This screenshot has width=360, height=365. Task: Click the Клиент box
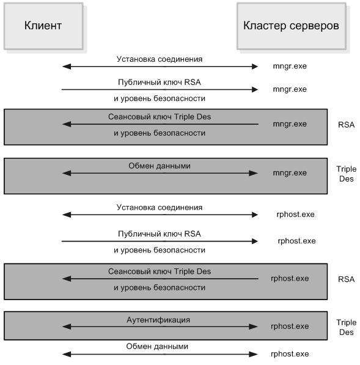click(43, 26)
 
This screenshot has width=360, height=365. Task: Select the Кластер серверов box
click(292, 26)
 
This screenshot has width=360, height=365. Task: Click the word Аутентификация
click(158, 320)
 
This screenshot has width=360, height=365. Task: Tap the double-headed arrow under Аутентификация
click(160, 327)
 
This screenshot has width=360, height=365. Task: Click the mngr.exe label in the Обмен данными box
click(290, 173)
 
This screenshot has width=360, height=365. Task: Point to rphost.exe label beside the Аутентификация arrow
click(290, 326)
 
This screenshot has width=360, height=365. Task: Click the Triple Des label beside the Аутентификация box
click(347, 327)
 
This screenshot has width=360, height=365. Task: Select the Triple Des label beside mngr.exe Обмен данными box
click(347, 174)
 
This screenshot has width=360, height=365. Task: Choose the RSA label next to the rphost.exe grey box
click(347, 279)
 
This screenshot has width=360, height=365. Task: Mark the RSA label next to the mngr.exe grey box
click(347, 125)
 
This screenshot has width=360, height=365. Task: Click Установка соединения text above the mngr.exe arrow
click(160, 59)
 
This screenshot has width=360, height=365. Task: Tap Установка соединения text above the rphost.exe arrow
click(160, 207)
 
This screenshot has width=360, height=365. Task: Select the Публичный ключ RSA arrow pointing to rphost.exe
click(160, 241)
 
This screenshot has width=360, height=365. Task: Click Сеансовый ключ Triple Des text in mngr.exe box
click(160, 117)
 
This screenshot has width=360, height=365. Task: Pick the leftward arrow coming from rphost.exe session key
click(160, 279)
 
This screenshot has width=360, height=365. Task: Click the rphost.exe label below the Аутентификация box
click(290, 354)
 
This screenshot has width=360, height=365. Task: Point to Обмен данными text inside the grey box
click(160, 166)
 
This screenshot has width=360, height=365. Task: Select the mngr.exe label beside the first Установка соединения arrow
click(290, 66)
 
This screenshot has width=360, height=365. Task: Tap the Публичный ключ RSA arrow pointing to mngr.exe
click(160, 90)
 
